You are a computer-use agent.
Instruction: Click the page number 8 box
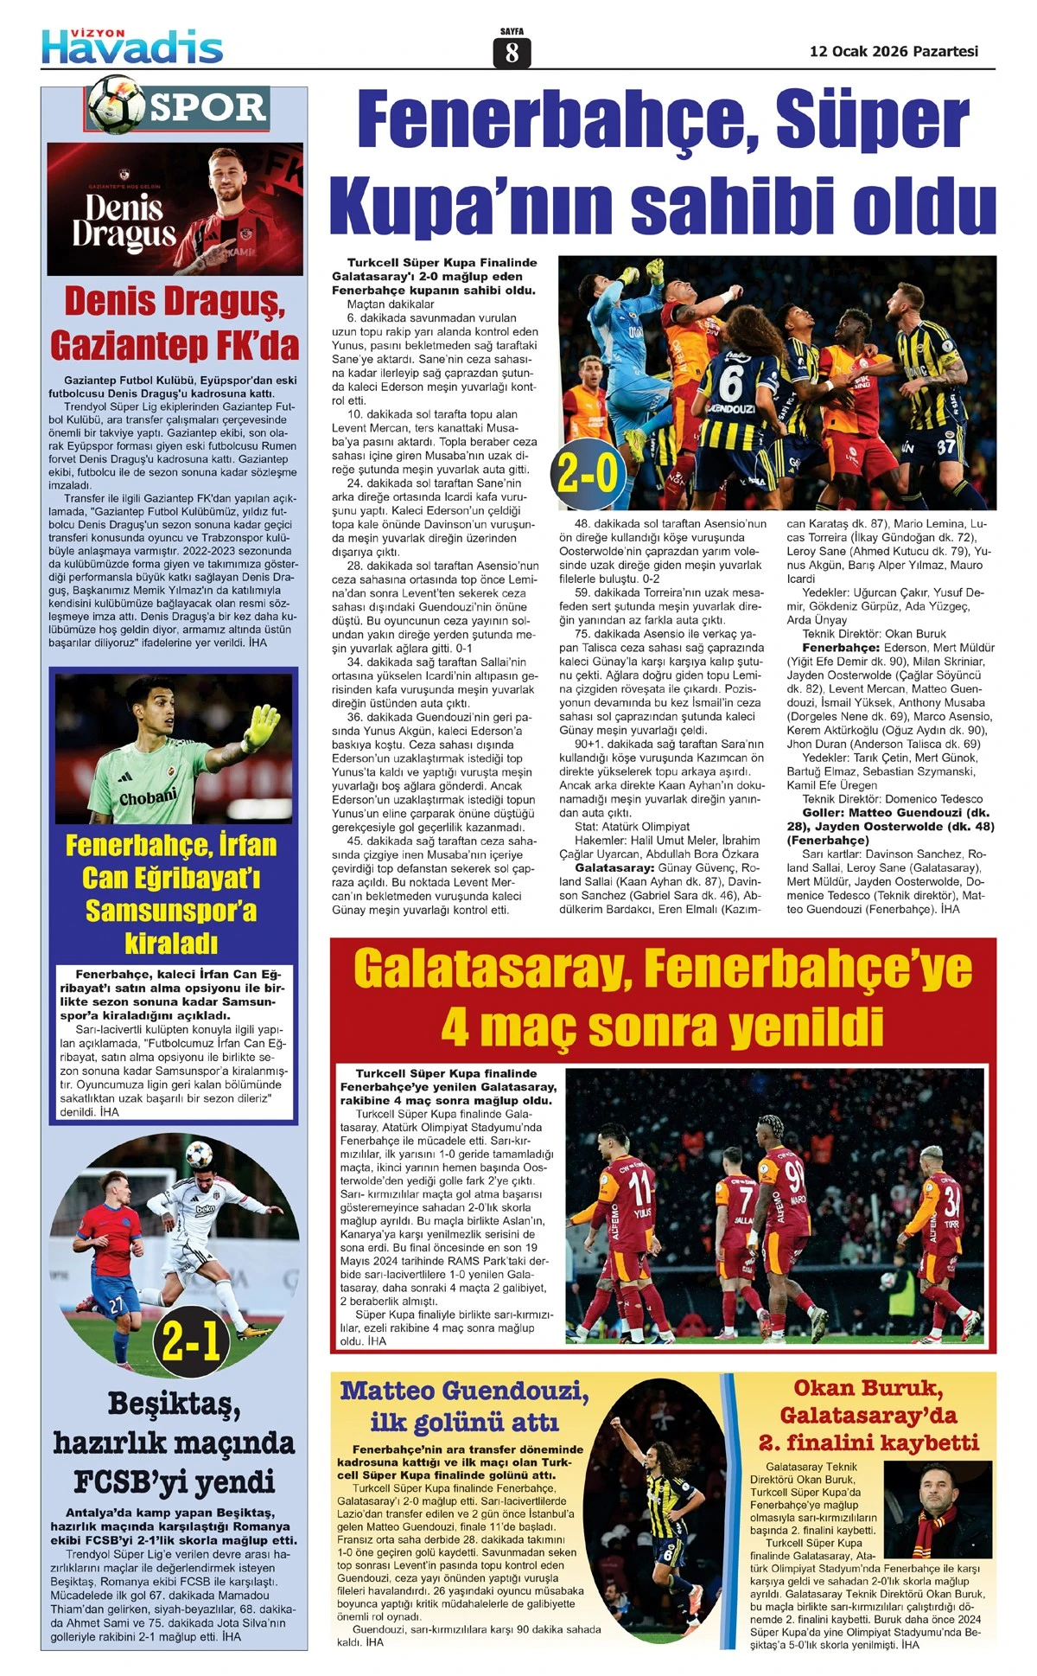(x=512, y=54)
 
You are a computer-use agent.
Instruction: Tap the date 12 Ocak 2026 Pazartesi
(x=894, y=51)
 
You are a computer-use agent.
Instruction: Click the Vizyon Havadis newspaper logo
(x=132, y=46)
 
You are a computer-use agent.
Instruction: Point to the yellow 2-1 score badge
(x=192, y=1340)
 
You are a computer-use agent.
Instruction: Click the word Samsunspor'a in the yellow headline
(x=171, y=910)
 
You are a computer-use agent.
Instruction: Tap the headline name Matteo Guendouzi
(x=465, y=1391)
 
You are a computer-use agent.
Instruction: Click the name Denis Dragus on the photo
(x=124, y=221)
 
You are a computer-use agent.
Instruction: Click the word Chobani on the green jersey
(x=148, y=796)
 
